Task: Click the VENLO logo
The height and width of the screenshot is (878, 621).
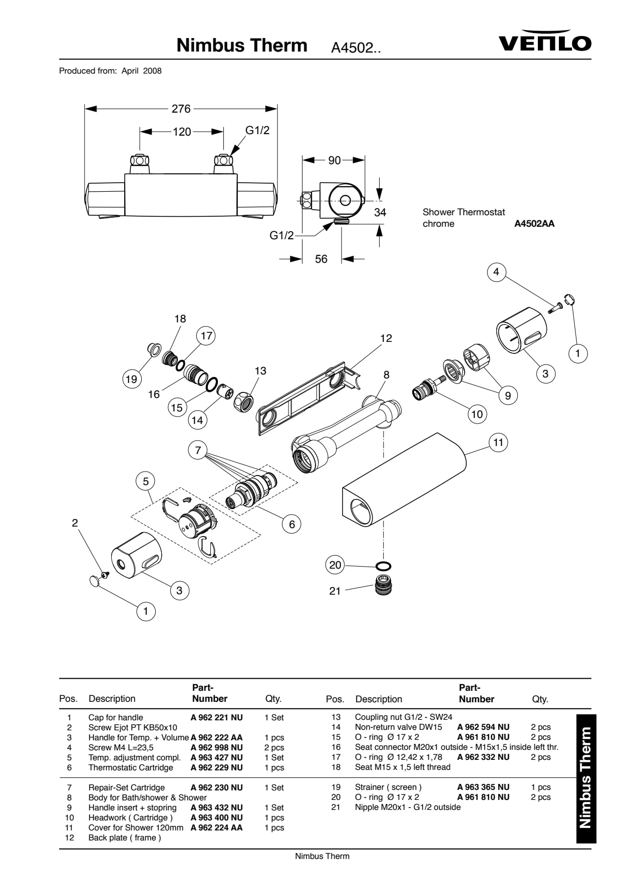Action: [x=545, y=41]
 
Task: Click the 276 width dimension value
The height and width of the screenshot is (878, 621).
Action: [x=181, y=109]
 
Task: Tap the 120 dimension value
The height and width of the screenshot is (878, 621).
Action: [x=182, y=132]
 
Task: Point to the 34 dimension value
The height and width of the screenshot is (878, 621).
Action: [x=380, y=212]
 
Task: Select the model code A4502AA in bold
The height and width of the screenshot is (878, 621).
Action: [x=534, y=224]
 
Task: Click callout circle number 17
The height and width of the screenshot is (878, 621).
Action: [x=206, y=335]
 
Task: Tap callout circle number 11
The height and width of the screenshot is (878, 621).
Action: [x=498, y=443]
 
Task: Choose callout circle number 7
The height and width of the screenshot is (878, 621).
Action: [x=198, y=451]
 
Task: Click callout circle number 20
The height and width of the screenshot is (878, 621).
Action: [x=335, y=565]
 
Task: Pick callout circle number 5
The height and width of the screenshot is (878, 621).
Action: [x=146, y=482]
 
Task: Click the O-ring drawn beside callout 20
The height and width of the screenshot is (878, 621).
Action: [x=384, y=567]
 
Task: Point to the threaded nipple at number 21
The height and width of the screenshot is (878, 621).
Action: [x=383, y=585]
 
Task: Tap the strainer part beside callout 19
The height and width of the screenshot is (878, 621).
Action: [x=154, y=348]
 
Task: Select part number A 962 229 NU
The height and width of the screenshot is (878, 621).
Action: [x=216, y=767]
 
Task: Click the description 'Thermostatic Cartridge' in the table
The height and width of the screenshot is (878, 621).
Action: [x=131, y=767]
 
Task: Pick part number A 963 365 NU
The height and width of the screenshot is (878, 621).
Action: [x=483, y=787]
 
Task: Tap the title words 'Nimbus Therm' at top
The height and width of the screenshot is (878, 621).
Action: [x=242, y=46]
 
